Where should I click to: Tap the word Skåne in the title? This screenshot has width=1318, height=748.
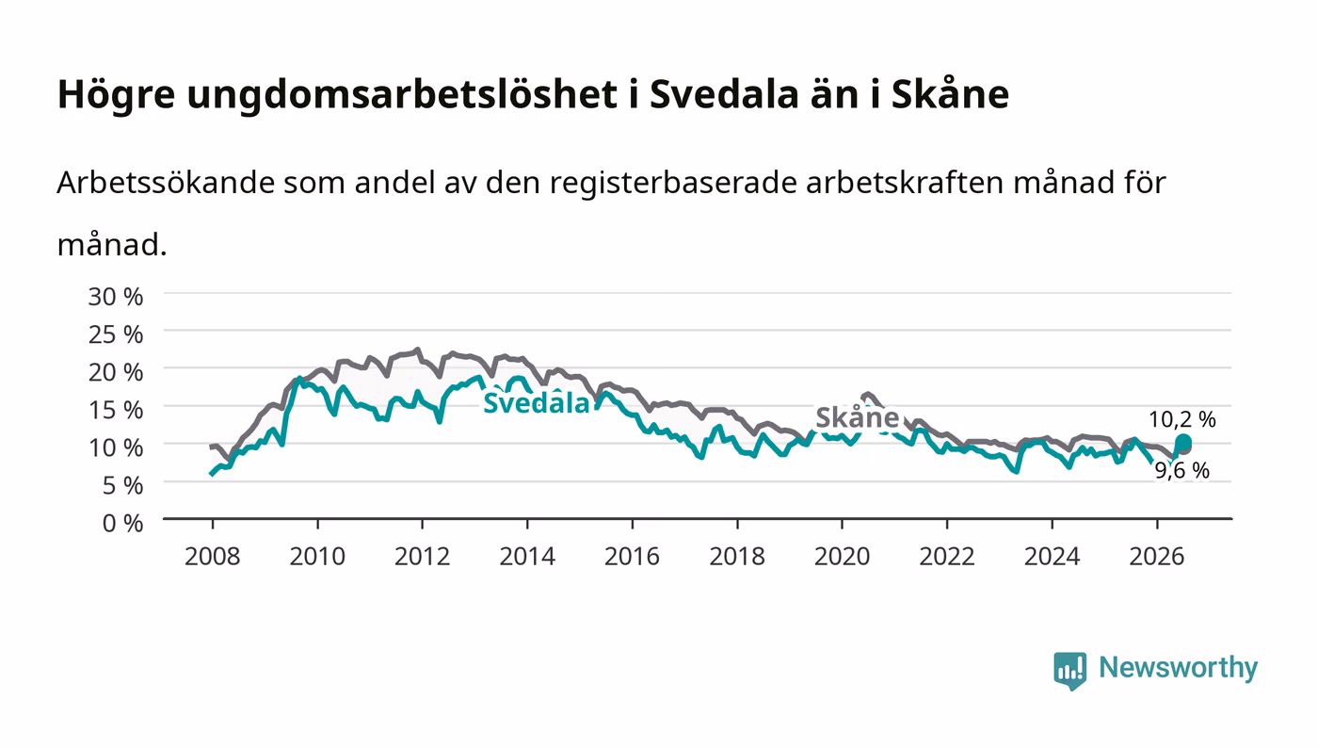coord(950,94)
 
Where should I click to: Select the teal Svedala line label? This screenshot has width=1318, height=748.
coord(536,403)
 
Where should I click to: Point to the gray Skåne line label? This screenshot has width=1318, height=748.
coord(858,417)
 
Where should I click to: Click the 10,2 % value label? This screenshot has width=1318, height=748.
coord(1182,419)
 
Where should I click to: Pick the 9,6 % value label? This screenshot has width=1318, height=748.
coord(1181,470)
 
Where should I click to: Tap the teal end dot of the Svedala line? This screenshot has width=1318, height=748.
coord(1182,443)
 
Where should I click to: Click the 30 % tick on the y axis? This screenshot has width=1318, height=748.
coord(115,296)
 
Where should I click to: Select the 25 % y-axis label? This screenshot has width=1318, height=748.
coord(115,333)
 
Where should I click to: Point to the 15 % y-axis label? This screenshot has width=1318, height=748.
coord(115,410)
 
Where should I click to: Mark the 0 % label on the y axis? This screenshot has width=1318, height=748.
coord(122,523)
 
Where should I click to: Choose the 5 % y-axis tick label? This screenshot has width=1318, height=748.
coord(122,485)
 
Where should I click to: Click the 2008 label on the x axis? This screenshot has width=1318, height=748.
coord(213,556)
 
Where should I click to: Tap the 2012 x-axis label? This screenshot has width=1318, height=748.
coord(422,556)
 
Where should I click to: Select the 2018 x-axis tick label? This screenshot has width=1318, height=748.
coord(736,556)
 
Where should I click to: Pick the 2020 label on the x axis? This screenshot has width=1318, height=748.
coord(842,556)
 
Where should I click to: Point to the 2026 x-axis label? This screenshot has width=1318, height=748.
coord(1157,556)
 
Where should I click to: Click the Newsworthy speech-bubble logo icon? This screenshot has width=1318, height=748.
coord(1069,671)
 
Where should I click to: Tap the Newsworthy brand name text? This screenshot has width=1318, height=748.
coord(1179,668)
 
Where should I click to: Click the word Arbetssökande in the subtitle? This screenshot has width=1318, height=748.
coord(166,183)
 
